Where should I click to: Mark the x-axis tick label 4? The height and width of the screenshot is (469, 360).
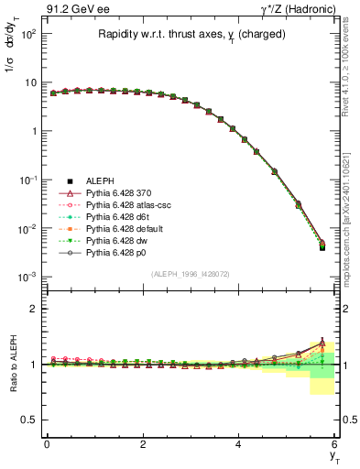pyautogui.click(x=238, y=442)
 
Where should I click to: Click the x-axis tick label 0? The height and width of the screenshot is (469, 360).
pyautogui.click(x=47, y=442)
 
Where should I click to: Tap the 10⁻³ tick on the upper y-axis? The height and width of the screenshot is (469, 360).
pyautogui.click(x=27, y=276)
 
